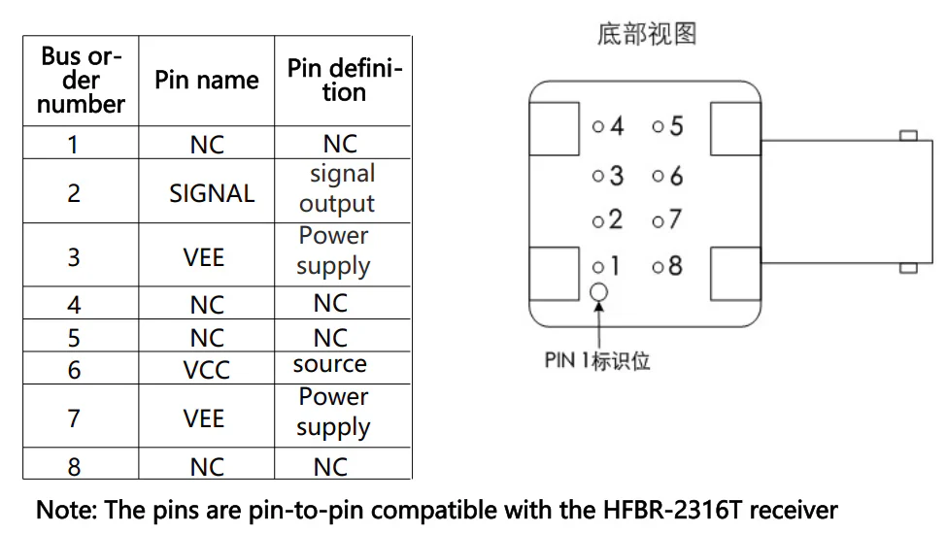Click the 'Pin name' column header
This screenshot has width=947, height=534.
click(x=207, y=81)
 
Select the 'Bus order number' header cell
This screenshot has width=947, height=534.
click(x=81, y=81)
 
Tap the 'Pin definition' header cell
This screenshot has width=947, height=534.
click(x=343, y=81)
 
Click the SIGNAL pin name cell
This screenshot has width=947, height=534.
click(x=207, y=191)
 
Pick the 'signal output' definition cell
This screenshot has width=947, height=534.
click(x=343, y=191)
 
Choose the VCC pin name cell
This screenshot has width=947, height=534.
click(x=207, y=368)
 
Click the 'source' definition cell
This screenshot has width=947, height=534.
click(x=343, y=367)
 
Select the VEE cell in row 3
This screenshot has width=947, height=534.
click(x=207, y=255)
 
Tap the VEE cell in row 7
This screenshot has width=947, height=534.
click(x=207, y=417)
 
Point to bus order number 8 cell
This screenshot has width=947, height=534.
click(x=81, y=464)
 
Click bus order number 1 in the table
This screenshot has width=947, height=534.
click(x=81, y=143)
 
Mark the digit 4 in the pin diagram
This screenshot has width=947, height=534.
click(x=616, y=126)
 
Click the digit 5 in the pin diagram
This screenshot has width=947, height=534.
click(x=676, y=126)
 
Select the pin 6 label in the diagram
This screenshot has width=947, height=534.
click(x=676, y=176)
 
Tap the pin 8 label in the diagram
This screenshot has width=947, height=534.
click(x=675, y=265)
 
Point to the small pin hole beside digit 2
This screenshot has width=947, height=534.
click(x=598, y=221)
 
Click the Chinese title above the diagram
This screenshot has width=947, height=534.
click(x=647, y=34)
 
